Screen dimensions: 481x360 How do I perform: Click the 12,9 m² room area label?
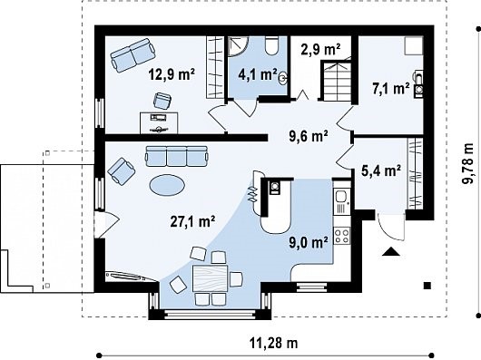(x=172, y=74)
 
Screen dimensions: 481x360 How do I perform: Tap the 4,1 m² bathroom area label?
(x=258, y=74)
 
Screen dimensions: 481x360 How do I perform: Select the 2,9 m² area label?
(x=320, y=49)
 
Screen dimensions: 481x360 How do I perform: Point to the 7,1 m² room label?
(x=390, y=89)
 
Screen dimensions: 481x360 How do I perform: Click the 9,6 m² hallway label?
(x=309, y=136)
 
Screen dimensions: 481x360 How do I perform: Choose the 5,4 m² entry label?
(x=381, y=171)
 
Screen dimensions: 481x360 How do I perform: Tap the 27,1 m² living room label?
(x=192, y=221)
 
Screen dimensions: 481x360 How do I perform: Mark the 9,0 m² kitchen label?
(x=309, y=242)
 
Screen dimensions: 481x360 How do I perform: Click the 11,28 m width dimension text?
(x=274, y=343)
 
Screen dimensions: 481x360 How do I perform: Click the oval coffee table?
(x=167, y=184)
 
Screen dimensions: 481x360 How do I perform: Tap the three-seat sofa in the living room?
(x=177, y=156)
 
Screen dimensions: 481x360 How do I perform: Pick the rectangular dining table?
(x=211, y=278)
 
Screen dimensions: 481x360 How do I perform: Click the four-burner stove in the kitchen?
(x=342, y=236)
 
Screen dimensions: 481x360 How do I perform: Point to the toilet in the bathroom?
(x=271, y=45)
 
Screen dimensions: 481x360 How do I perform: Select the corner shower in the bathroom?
(x=238, y=46)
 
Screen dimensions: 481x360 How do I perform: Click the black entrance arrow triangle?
(x=391, y=251)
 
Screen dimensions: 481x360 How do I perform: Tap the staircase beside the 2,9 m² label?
(x=336, y=81)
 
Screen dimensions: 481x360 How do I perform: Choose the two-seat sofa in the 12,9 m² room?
(x=133, y=54)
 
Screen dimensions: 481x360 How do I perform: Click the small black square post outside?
(x=427, y=286)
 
